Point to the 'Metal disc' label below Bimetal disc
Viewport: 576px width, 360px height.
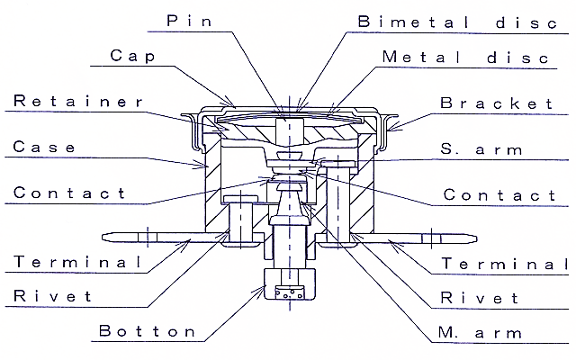[x=464, y=57]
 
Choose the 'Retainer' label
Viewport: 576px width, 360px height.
[x=77, y=101]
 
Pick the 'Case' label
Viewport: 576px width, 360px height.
[x=45, y=147]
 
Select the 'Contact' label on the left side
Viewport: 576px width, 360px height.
[x=69, y=193]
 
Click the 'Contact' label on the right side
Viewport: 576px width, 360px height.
[x=500, y=193]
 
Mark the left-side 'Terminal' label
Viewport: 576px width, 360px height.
[x=77, y=263]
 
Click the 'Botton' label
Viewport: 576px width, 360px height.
[x=147, y=331]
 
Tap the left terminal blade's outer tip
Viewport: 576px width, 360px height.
[x=104, y=238]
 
